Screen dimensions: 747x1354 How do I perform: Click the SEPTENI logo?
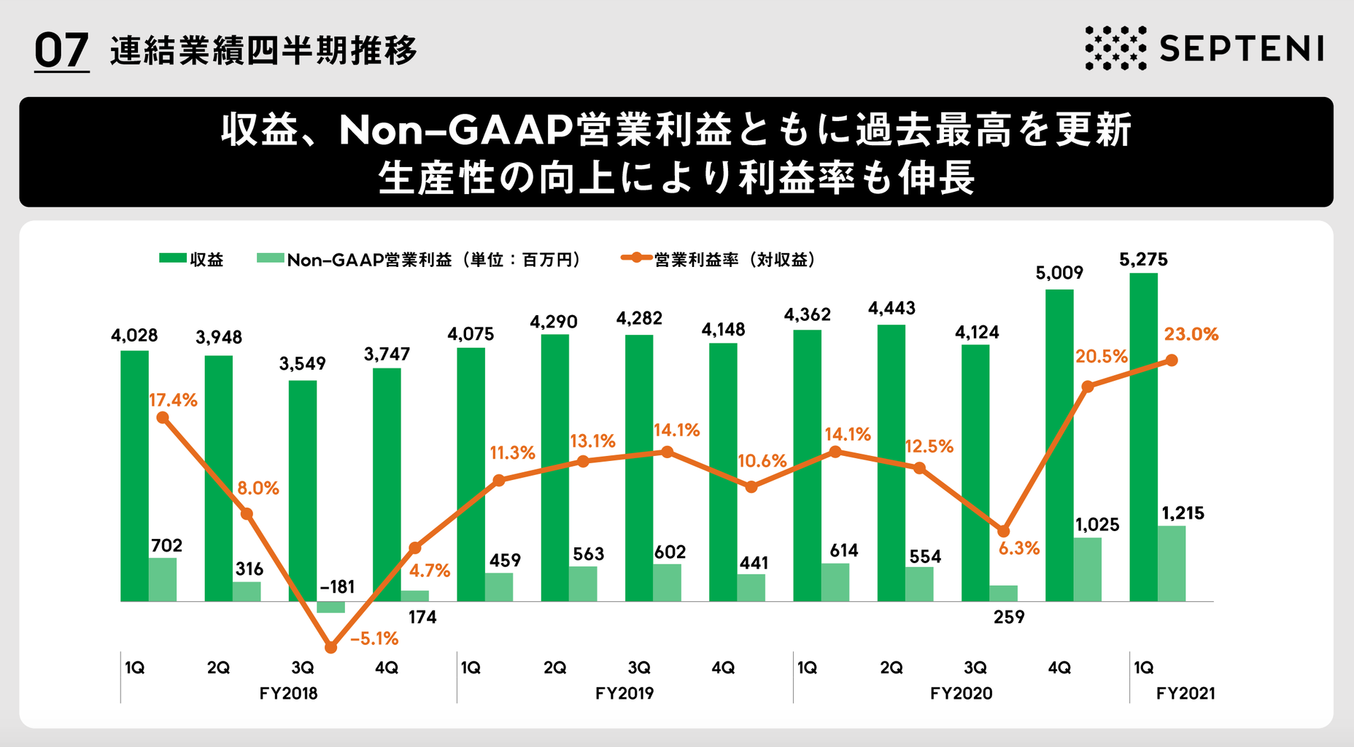click(x=1204, y=48)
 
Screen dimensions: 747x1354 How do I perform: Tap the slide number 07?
click(x=61, y=51)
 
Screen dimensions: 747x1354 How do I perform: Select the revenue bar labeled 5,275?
click(x=1143, y=438)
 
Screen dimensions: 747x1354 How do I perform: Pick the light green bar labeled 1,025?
click(x=1088, y=570)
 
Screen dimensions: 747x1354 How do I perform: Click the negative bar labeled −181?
click(x=330, y=607)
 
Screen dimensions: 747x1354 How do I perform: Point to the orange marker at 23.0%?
click(x=1172, y=360)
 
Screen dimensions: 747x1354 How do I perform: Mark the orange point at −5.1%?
click(x=330, y=647)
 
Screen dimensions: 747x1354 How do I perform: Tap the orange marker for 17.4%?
click(x=163, y=418)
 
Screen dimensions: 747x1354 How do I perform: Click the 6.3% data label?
click(x=1018, y=549)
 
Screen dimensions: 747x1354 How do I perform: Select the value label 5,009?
click(x=1059, y=274)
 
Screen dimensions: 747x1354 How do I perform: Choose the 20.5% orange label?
click(x=1101, y=357)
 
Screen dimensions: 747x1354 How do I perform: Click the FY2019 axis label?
click(x=624, y=694)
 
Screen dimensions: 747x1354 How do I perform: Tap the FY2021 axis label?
click(x=1185, y=694)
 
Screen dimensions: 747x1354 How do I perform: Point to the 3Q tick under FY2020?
click(x=975, y=668)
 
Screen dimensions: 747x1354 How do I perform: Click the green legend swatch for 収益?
click(x=173, y=258)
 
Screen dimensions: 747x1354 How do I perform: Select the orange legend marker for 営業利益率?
click(x=636, y=258)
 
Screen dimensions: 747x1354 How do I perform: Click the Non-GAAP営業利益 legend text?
click(x=369, y=260)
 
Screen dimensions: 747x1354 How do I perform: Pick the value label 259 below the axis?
click(x=1009, y=617)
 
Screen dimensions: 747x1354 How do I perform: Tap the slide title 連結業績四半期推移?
click(x=263, y=51)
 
